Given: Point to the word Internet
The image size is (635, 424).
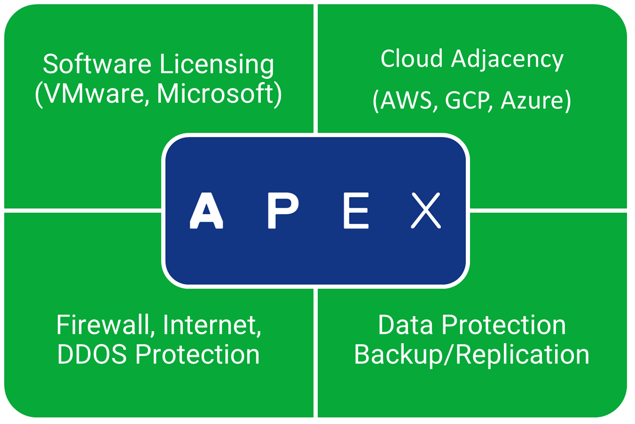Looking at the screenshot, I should tap(212, 325).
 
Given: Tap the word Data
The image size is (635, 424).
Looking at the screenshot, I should tap(405, 325).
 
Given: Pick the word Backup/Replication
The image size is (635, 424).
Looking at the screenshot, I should tap(471, 355).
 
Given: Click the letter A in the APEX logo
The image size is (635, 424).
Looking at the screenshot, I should tap(206, 211).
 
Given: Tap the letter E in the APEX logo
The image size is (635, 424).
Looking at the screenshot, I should tap(356, 211).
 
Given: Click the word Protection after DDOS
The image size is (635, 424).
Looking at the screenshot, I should tap(198, 355).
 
